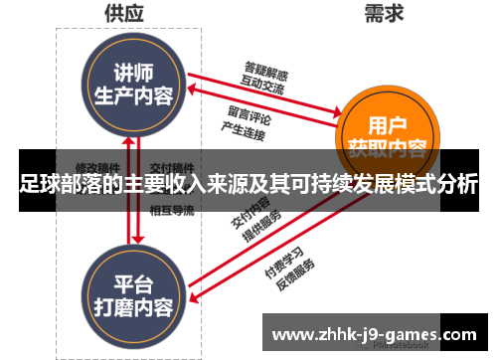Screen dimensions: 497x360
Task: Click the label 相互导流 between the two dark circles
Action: (x=171, y=210)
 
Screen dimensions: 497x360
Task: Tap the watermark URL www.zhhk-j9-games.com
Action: (x=374, y=335)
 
